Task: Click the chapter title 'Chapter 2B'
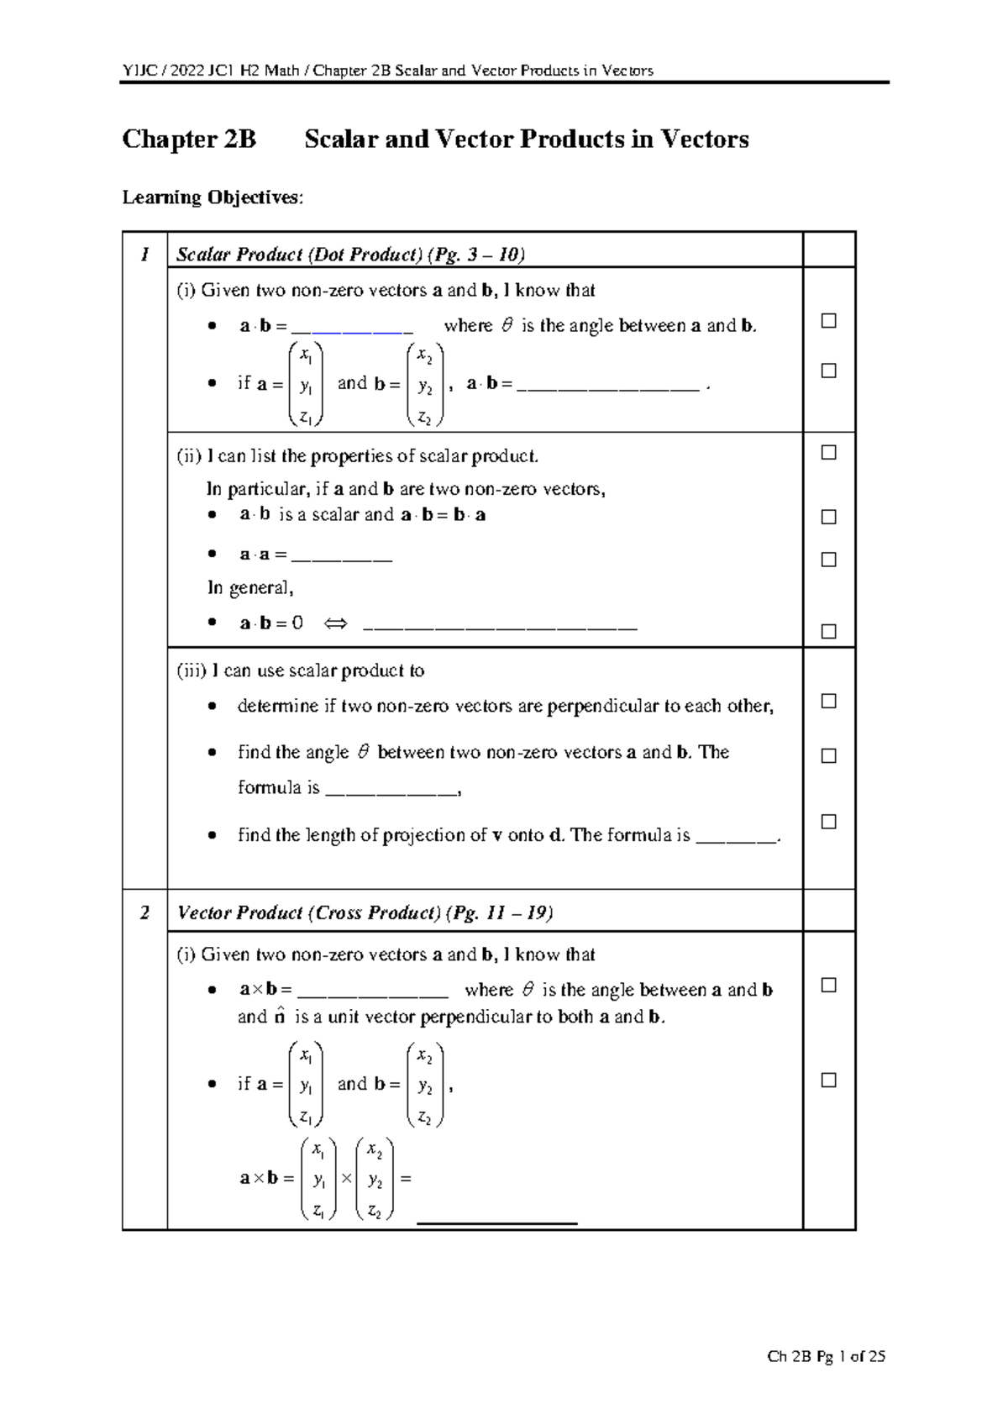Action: (x=189, y=139)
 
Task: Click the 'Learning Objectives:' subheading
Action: (x=213, y=198)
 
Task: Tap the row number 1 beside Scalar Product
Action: (x=144, y=254)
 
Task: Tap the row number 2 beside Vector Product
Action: (x=144, y=912)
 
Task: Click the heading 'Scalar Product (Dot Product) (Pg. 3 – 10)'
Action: (x=350, y=255)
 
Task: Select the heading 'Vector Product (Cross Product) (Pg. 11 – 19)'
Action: (x=365, y=913)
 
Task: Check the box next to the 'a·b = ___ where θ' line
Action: (x=828, y=321)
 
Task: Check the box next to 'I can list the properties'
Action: (x=828, y=453)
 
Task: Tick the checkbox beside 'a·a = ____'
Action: (x=828, y=560)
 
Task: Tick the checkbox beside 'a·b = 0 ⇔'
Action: (x=828, y=631)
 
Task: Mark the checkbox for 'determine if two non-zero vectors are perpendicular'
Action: (x=828, y=701)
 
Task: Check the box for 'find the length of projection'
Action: (x=828, y=822)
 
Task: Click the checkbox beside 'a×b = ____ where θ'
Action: (x=828, y=985)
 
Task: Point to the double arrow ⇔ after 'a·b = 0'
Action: (x=335, y=624)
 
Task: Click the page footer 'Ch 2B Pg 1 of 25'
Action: (x=827, y=1356)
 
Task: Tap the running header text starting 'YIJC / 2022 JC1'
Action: (x=387, y=71)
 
